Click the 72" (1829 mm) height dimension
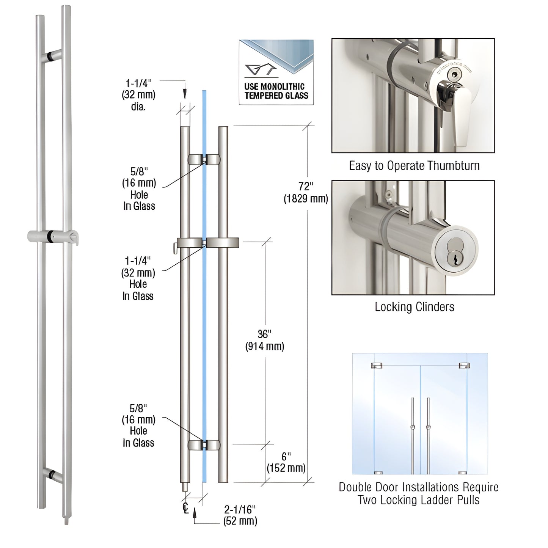coord(306,192)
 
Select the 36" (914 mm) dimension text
coord(265,340)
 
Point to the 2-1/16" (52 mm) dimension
coord(240,515)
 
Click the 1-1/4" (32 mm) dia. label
coord(139,95)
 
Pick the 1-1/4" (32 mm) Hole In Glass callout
coord(138,278)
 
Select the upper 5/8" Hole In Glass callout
coord(139,188)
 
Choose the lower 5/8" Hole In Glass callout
coord(138,426)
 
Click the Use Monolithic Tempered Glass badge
coord(276,72)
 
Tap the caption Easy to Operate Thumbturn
coord(414,166)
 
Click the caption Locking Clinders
coord(414,307)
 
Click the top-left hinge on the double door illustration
coord(377,366)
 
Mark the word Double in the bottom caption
coord(355,487)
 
